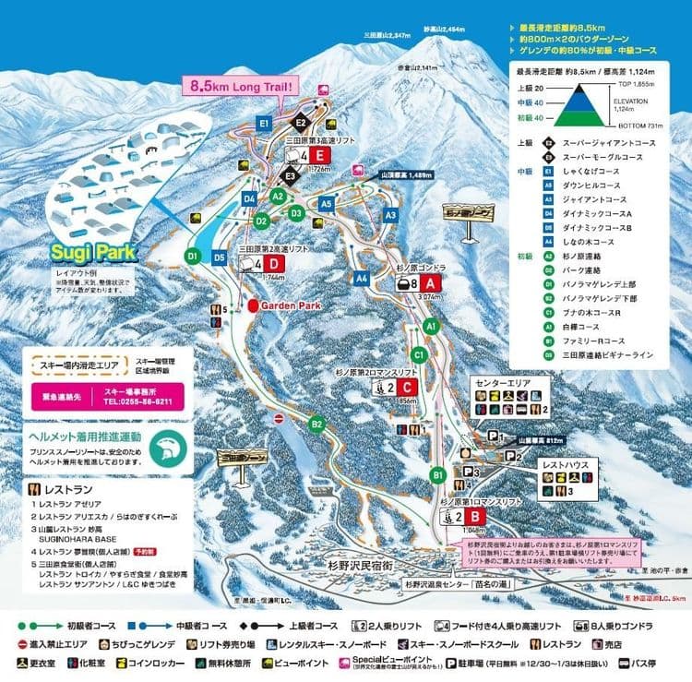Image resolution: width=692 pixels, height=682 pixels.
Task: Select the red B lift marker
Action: coord(474,517)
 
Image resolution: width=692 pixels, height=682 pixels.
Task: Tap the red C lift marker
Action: coord(409,388)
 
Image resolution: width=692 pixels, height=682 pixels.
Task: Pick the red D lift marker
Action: coord(275,263)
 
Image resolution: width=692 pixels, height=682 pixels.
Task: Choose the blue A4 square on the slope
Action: coord(362,277)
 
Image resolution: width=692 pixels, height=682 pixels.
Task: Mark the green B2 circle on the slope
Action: coord(316,424)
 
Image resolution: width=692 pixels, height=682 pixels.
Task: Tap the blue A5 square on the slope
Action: coord(326,204)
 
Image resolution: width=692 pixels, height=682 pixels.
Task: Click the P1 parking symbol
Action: coord(495,435)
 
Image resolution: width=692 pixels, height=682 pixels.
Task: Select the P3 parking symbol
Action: coord(470,472)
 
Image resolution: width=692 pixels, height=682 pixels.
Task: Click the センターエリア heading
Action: coord(501,381)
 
